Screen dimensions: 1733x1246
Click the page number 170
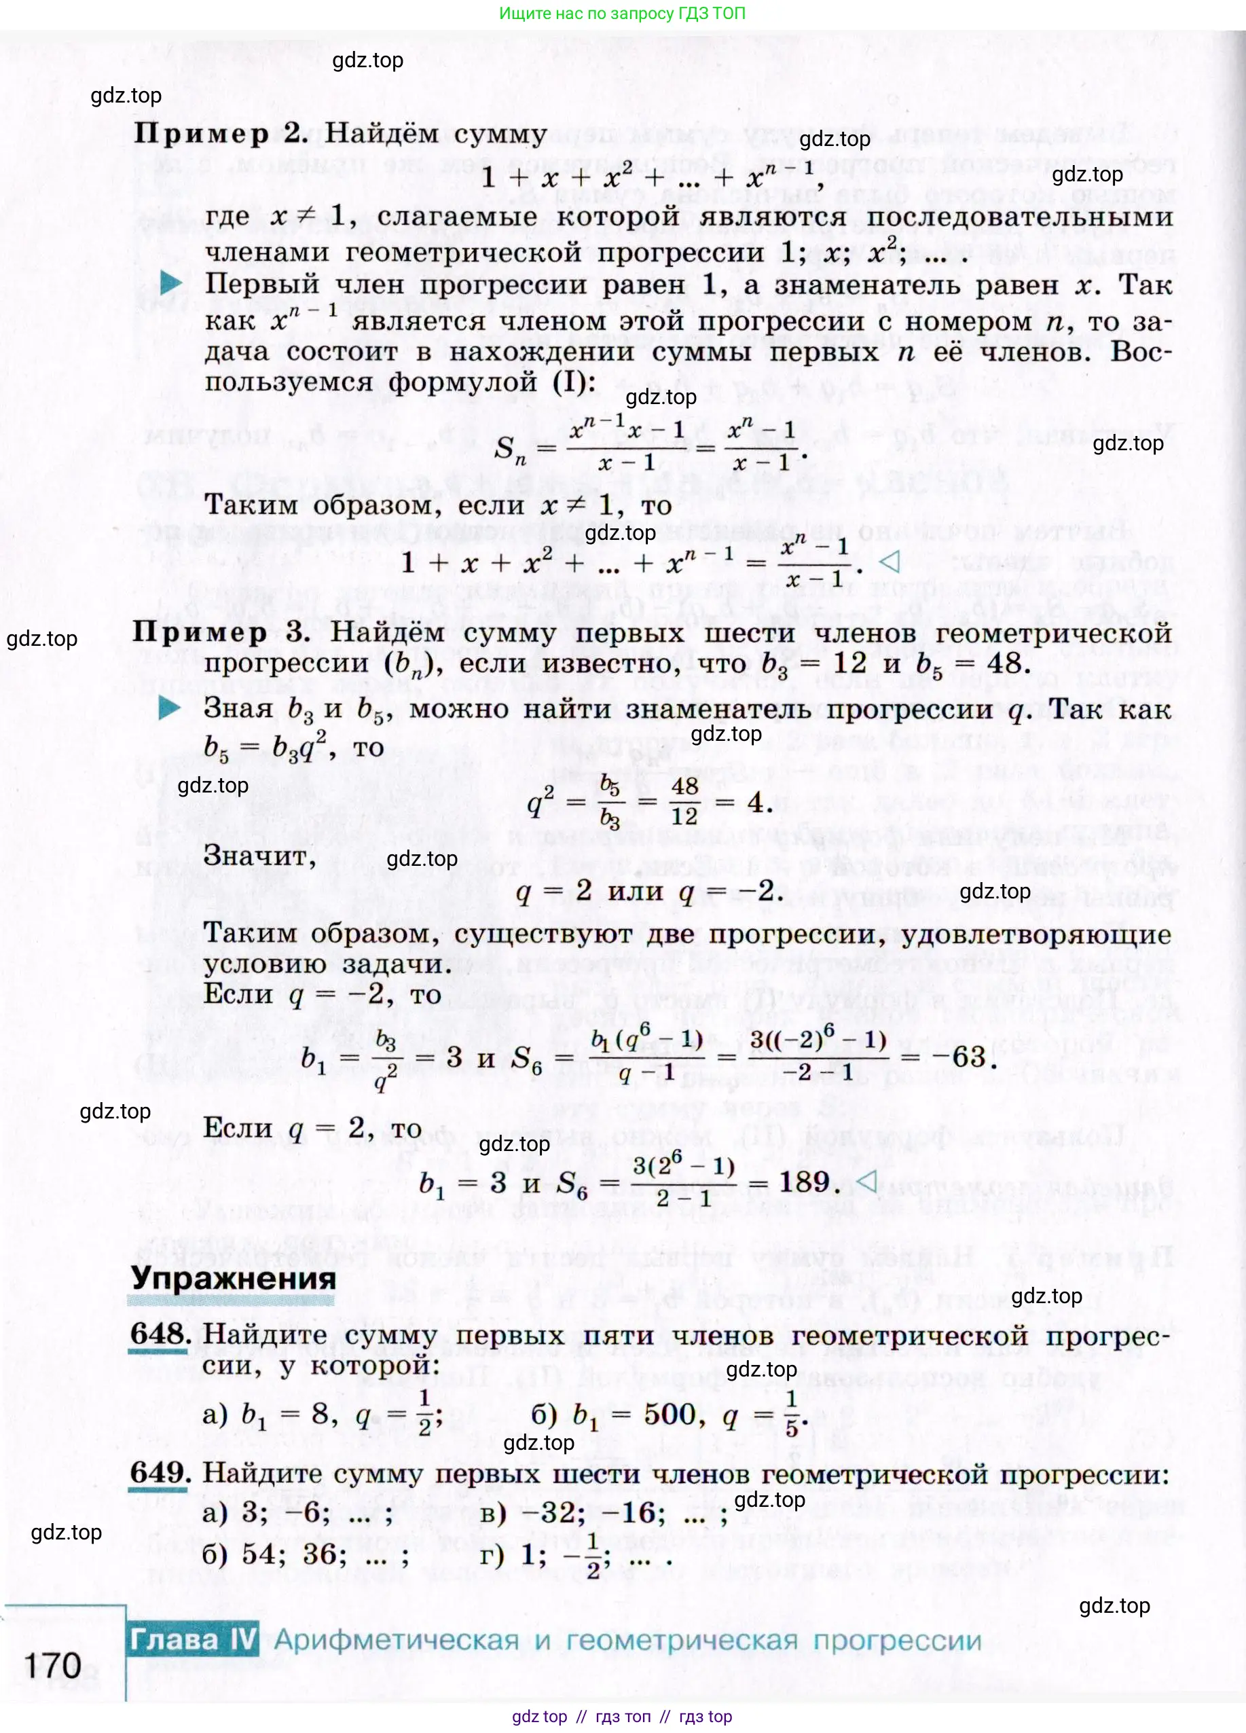pos(53,1666)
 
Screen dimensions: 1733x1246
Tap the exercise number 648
pos(159,1334)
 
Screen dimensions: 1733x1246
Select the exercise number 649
pos(159,1472)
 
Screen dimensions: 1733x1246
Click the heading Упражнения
pos(233,1278)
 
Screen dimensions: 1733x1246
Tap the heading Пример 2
pos(220,134)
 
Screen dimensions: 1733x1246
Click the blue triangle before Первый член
pos(170,282)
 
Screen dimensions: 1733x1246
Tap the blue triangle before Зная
pos(169,708)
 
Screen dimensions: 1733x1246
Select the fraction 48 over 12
pos(684,800)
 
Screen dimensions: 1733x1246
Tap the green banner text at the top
pos(622,13)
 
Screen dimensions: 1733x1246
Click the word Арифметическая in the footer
pos(397,1640)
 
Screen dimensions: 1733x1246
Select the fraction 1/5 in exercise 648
pos(792,1413)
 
